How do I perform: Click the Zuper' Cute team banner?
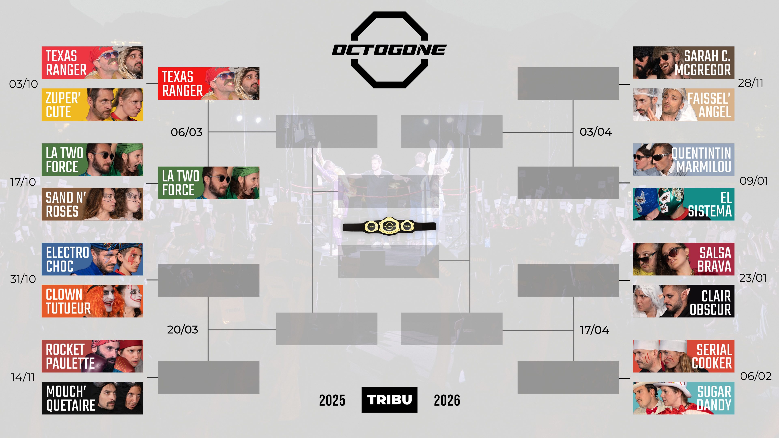tap(92, 105)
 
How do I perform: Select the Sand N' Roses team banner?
tap(92, 204)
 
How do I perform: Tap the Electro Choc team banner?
tap(92, 259)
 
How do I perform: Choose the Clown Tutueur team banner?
tap(92, 301)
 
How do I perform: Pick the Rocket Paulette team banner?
tap(92, 356)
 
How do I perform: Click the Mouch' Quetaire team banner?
tap(92, 398)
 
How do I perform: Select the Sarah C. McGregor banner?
tap(683, 63)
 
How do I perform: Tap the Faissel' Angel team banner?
tap(683, 105)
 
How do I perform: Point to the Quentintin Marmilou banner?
tap(683, 160)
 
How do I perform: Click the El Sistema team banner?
tap(683, 204)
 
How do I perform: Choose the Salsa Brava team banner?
tap(683, 259)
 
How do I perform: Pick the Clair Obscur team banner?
tap(683, 301)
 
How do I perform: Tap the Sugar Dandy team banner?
tap(683, 398)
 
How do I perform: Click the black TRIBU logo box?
tap(389, 400)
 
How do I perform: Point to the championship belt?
tap(389, 226)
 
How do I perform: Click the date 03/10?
tap(23, 84)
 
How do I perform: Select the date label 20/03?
tap(183, 330)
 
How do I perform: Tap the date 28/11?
tap(751, 83)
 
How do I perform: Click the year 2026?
tap(447, 400)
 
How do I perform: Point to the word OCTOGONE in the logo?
tap(389, 50)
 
